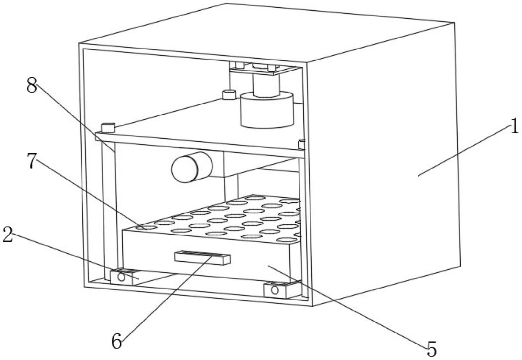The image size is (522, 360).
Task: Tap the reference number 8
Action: (x=32, y=86)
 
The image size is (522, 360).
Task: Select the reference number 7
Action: (x=31, y=161)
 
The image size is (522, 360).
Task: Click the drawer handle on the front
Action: (x=202, y=258)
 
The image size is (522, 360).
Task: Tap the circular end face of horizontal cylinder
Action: (x=185, y=169)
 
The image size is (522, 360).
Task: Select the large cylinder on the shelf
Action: (x=266, y=110)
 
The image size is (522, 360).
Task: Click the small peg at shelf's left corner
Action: (x=108, y=127)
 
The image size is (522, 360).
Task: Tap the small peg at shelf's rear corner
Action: (x=229, y=95)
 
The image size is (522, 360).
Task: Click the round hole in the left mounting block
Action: (x=121, y=277)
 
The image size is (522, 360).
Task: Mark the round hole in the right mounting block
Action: (x=275, y=290)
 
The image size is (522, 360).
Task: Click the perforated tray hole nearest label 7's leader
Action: (x=146, y=228)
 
